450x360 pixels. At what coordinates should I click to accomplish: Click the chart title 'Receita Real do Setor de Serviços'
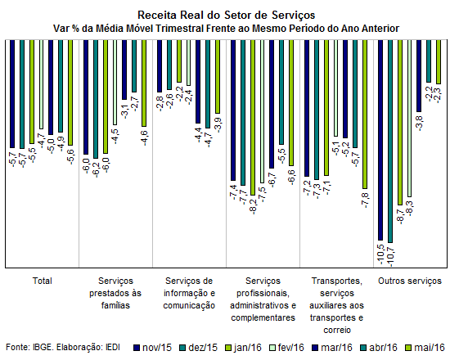pos(226,15)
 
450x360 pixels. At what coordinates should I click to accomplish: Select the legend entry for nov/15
pos(153,348)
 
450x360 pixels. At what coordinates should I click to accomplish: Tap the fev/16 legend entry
pos(286,348)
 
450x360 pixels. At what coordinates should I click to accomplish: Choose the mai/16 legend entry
pos(425,348)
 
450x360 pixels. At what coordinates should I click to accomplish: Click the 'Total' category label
pos(43,281)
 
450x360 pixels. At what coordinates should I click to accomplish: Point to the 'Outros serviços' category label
pos(410,281)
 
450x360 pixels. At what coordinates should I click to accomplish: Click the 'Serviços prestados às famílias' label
pos(115,293)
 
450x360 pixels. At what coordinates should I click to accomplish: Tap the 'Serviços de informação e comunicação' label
pos(189,293)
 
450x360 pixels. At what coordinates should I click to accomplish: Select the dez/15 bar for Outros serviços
pos(390,142)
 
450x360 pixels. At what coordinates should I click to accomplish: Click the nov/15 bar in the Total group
pos(12,94)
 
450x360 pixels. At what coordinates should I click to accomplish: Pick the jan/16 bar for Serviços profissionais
pos(253,118)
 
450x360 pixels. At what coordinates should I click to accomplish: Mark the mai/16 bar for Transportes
pos(365,114)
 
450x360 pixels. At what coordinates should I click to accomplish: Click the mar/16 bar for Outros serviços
pos(419,76)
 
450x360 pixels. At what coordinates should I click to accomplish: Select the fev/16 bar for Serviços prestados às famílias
pos(115,83)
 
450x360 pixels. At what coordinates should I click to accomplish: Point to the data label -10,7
pos(391,257)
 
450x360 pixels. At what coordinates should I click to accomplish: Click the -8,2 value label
pos(254,207)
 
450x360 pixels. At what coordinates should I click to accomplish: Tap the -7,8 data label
pos(366,200)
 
